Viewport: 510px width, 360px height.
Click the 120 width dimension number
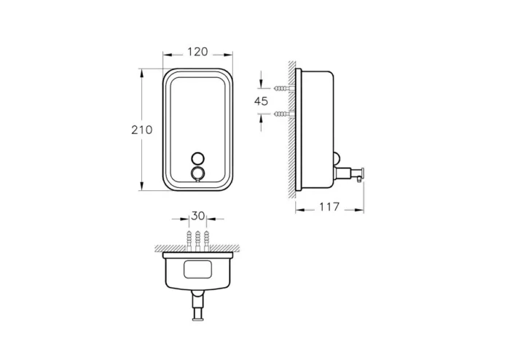point(197,52)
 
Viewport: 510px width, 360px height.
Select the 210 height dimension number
point(141,130)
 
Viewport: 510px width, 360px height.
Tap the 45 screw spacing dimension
point(262,101)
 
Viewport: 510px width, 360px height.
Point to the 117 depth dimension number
point(329,208)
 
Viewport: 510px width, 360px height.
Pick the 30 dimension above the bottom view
point(197,216)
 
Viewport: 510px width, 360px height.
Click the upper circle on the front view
point(197,158)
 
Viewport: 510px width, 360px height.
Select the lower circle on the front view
point(197,173)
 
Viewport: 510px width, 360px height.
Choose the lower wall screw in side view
point(283,114)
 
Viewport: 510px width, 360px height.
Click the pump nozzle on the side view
point(357,173)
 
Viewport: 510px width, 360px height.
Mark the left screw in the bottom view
point(187,238)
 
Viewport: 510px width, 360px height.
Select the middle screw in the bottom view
point(197,238)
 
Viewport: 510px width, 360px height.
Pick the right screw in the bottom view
point(208,238)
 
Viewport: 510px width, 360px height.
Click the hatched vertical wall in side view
point(291,131)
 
